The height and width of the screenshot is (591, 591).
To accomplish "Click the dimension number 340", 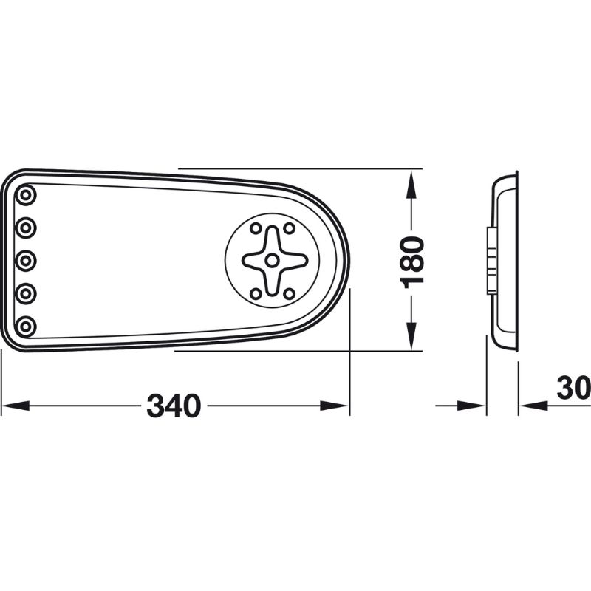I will point(174,406).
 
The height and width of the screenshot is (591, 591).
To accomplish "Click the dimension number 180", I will point(411,261).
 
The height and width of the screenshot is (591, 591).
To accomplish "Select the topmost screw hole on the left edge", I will point(27,195).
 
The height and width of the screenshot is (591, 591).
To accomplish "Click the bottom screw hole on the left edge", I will point(27,325).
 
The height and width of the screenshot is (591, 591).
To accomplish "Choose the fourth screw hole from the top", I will point(27,293).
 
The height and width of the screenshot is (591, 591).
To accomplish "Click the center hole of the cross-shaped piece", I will point(273,260).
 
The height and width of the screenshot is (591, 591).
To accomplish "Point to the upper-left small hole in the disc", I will point(256,228).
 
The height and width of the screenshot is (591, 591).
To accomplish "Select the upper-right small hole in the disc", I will point(289,228).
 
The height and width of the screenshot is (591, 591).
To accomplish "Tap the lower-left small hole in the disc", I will point(256,293).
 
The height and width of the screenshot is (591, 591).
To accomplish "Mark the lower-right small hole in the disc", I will point(289,293).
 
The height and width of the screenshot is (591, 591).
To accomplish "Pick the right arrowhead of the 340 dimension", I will point(336,406).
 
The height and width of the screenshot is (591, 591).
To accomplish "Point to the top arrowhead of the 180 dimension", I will point(411,180).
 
